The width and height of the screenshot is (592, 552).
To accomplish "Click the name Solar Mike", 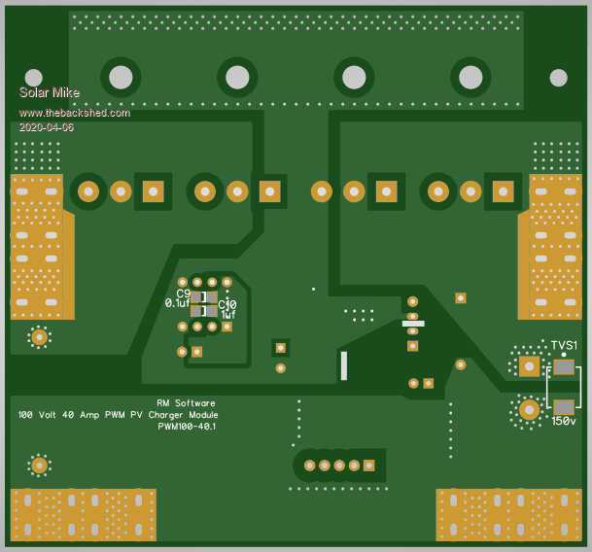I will coord(49,92).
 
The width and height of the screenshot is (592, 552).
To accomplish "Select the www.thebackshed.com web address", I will coord(74,113).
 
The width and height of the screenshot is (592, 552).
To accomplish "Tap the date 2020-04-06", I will coord(46,126).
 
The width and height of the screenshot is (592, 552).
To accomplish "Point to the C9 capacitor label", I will coord(184,293).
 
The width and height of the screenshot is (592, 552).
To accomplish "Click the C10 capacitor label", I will coord(227,304).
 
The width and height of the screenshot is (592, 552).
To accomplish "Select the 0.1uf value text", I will coord(177,303).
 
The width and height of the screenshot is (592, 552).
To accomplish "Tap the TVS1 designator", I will coord(564,346).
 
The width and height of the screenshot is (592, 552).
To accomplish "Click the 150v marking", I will coord(564,421).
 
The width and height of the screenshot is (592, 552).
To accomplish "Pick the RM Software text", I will coord(186,402).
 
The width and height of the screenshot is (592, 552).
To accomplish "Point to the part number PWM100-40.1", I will coord(187,426).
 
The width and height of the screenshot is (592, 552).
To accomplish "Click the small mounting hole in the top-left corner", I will coord(33,77).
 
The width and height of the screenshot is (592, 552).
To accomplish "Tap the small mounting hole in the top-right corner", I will coord(558,77).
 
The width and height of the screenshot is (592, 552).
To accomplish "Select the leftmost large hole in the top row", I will coord(121,76).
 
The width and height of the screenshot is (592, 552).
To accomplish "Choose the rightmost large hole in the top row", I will coord(470,76).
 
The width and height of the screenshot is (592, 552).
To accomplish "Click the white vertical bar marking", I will coord(343,365).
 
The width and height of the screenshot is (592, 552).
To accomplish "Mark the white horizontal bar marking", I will coord(413,324).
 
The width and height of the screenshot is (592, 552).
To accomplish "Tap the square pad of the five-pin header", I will coord(369,466).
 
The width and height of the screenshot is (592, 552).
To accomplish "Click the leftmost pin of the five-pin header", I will coord(310,466).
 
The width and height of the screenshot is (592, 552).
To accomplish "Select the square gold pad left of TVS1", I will coord(529,365).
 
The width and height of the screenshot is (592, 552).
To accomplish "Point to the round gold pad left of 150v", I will coord(529,409).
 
